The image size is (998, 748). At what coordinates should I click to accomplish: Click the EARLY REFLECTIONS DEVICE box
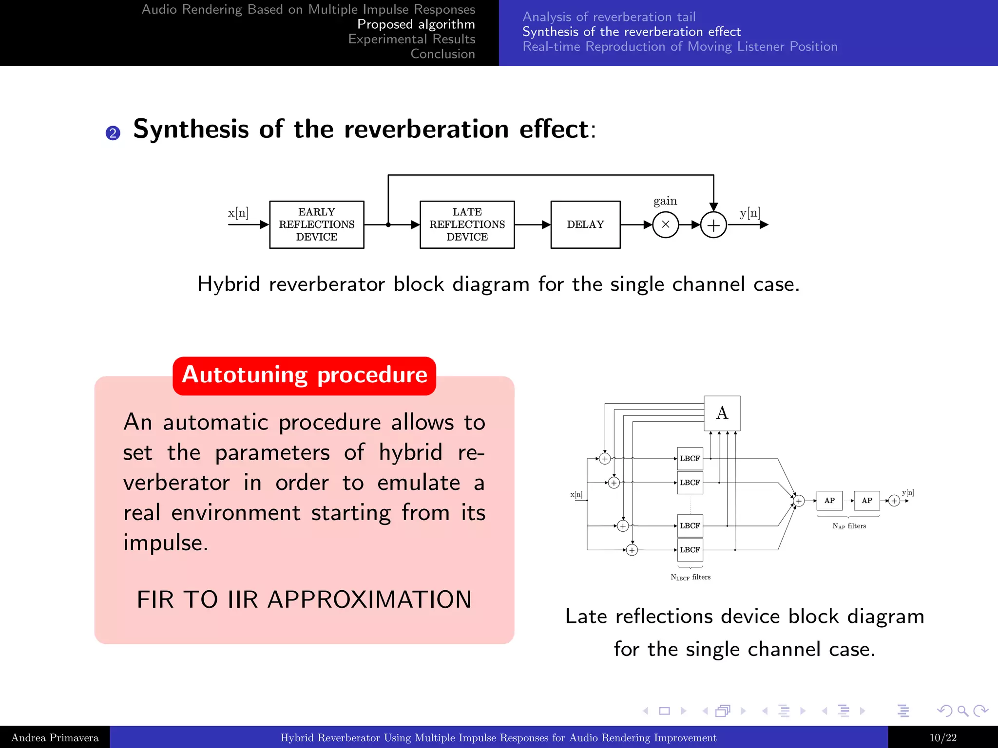point(317,224)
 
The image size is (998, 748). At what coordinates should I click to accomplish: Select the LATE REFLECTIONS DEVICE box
point(467,224)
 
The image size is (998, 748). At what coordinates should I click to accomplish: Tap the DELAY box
point(585,224)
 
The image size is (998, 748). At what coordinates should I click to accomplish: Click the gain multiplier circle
point(665,225)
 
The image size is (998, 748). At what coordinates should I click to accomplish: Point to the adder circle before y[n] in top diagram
point(713,225)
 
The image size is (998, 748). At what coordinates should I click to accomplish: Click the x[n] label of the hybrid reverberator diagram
point(238,213)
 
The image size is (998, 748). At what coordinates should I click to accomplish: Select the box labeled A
point(722,413)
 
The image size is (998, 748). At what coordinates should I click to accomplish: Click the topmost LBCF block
point(690,458)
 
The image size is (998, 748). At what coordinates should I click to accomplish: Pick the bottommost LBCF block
point(690,550)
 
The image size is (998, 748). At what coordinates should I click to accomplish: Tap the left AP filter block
point(829,501)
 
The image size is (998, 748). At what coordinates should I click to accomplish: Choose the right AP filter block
point(867,501)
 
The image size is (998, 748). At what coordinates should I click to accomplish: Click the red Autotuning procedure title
point(305,375)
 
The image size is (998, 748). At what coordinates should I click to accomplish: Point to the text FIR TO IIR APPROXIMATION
point(305,599)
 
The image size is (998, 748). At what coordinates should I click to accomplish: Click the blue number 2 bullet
point(113,133)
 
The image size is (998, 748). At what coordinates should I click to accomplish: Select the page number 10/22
point(943,738)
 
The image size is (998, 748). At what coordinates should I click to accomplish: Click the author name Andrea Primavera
point(55,738)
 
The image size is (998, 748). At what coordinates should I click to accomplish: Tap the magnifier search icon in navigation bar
point(962,711)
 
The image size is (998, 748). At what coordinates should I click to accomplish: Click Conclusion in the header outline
point(442,54)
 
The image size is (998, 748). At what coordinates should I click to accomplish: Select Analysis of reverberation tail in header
point(609,17)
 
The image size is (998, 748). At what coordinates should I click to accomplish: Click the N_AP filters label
point(849,526)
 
